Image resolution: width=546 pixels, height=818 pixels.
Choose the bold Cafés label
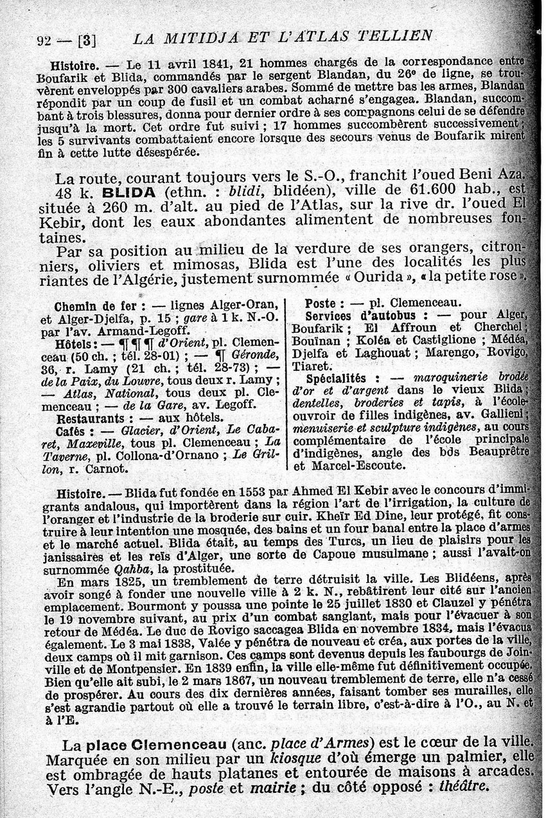point(71,431)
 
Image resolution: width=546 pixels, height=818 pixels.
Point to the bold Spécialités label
point(342,378)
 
